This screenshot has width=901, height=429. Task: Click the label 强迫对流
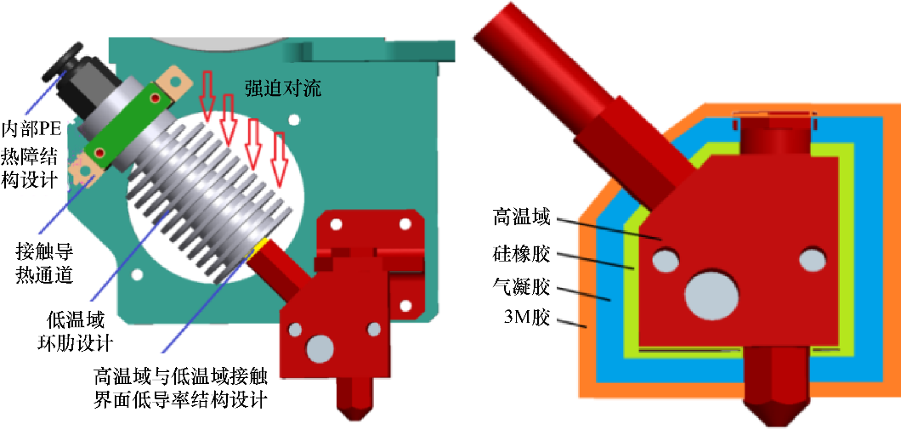283,87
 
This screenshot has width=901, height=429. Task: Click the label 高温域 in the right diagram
521,217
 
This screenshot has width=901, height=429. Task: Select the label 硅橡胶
521,252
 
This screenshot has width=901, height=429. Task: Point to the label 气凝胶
521,285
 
